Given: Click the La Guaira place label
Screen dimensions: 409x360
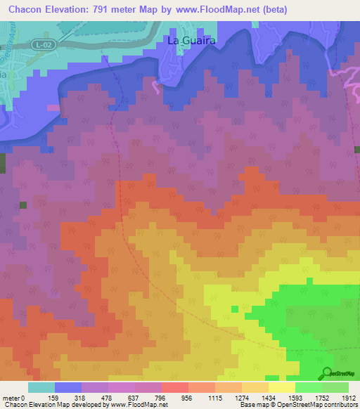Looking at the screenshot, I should point(190,41).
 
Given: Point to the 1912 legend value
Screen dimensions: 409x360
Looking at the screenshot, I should point(349,397).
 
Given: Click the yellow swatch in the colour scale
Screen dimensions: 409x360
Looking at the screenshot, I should point(281,387).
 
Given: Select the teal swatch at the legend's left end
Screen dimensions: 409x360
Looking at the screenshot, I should point(41,387).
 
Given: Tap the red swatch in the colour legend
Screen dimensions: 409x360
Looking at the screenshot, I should point(174,387).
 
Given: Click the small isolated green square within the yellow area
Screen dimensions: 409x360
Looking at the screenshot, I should point(234,309).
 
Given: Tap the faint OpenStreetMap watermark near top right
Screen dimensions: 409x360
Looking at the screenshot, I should point(341,70).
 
